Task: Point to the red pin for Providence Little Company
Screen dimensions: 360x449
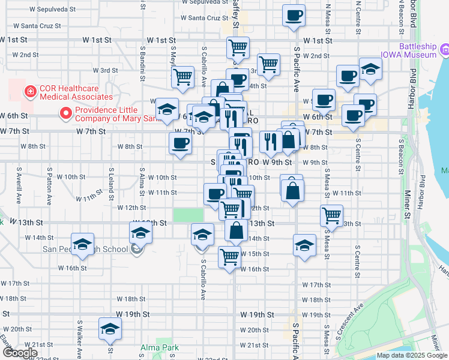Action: (65, 112)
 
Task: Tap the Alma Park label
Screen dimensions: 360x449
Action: (156, 347)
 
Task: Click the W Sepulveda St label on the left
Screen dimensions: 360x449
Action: (52, 10)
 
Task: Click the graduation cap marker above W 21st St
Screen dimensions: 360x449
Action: (110, 329)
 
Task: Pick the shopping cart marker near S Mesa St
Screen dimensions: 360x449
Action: (331, 215)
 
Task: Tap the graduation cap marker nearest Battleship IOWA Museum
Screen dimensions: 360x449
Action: (370, 69)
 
